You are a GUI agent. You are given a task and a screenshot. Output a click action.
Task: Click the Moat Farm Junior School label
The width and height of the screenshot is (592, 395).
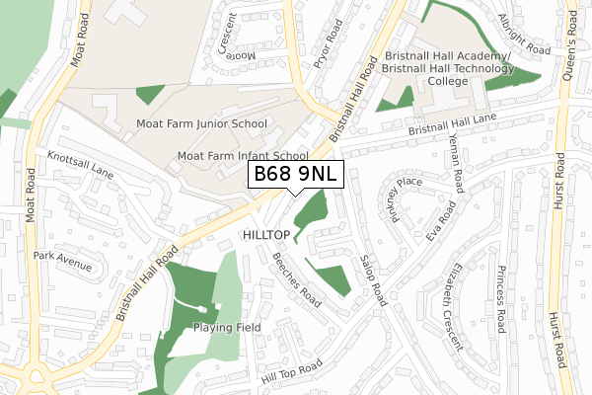[x=201, y=123]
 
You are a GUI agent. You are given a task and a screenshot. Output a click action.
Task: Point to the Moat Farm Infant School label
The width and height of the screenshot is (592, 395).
[x=243, y=156]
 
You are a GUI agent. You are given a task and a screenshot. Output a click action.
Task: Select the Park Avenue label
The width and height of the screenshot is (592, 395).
[x=62, y=261]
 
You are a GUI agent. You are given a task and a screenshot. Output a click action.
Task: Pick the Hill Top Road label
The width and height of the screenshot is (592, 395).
[x=292, y=372]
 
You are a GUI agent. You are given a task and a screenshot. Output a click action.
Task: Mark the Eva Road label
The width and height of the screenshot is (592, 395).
[x=441, y=221]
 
